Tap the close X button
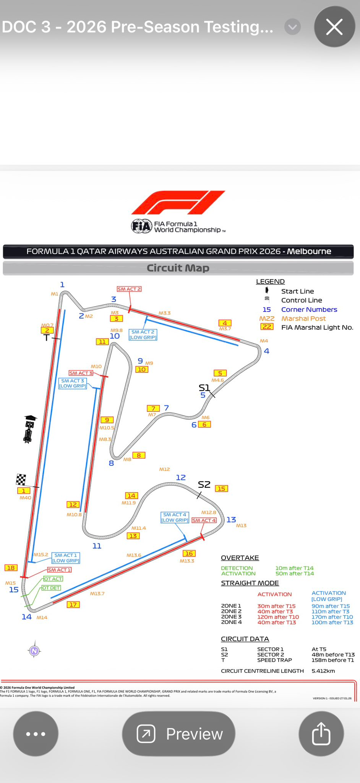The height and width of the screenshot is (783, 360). click(334, 27)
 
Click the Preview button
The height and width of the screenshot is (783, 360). click(178, 734)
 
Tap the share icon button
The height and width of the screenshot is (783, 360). click(321, 734)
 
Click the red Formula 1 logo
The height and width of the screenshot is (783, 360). click(178, 203)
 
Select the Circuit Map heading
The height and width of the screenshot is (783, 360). click(178, 268)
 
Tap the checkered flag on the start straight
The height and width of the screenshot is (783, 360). click(21, 479)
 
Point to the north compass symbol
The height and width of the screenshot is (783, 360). click(34, 651)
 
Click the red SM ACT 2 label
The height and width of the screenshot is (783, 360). click(129, 289)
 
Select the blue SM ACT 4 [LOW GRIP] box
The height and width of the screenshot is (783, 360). click(175, 517)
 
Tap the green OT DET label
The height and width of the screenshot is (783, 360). click(51, 588)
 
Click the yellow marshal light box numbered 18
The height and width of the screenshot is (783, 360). click(11, 568)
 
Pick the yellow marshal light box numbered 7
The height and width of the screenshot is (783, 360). click(153, 408)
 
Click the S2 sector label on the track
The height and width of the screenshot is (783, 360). click(204, 485)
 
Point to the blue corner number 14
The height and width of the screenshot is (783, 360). click(26, 617)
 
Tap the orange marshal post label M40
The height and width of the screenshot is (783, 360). click(25, 498)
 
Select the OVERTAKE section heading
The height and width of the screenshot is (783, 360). click(240, 558)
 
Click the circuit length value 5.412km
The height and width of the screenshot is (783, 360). click(323, 671)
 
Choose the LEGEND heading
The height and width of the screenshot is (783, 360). click(270, 281)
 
